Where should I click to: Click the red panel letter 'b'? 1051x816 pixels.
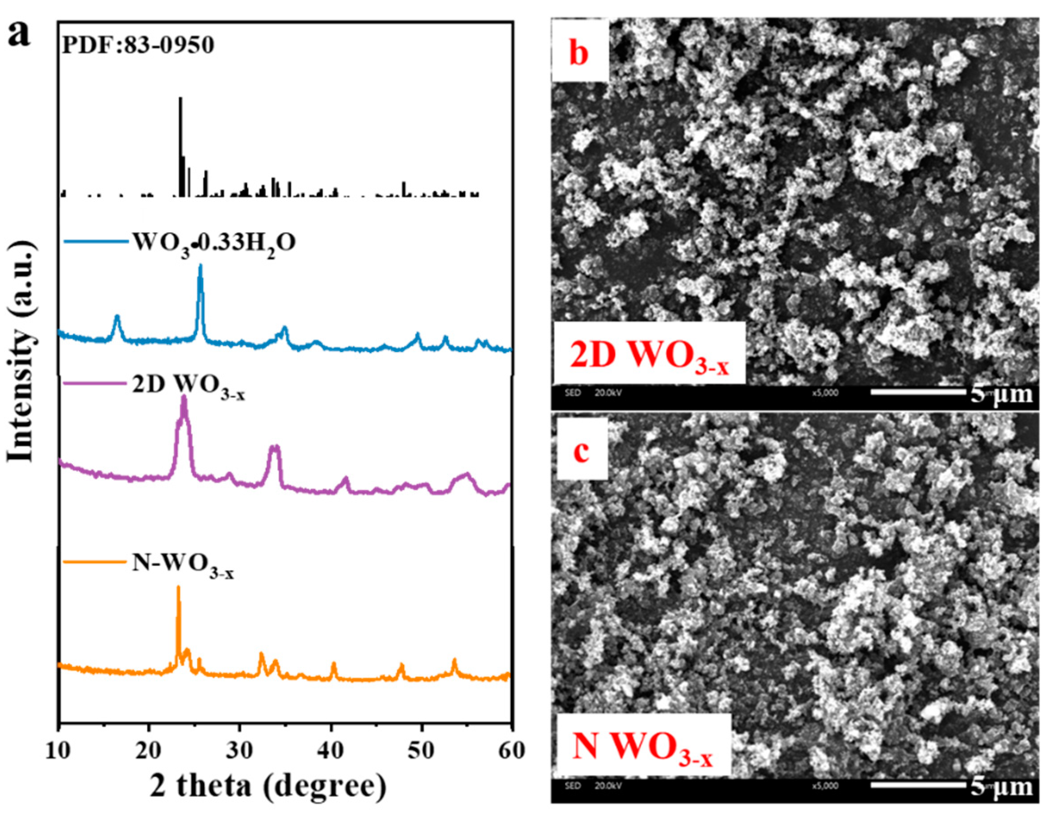pyautogui.click(x=579, y=53)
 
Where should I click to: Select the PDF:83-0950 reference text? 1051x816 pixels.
pyautogui.click(x=138, y=46)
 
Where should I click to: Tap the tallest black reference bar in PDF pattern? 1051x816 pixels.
pyautogui.click(x=180, y=144)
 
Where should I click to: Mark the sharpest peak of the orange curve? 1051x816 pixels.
pyautogui.click(x=179, y=588)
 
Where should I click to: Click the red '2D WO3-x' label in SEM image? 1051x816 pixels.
pyautogui.click(x=649, y=356)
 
